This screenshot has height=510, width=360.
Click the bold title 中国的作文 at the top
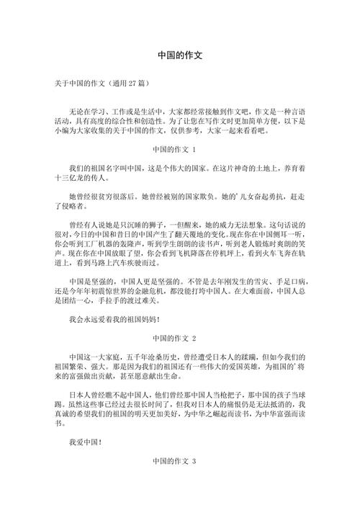[180, 55]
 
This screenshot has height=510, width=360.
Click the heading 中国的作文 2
[180, 338]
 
